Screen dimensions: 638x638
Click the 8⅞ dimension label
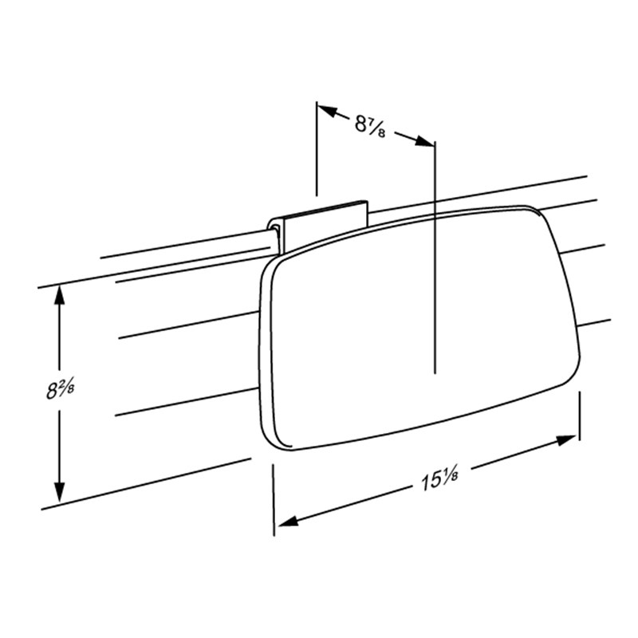(x=370, y=125)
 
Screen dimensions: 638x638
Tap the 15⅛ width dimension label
(x=439, y=479)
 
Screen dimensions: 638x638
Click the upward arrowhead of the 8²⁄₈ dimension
(x=60, y=295)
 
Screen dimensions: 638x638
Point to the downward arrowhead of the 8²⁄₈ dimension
(x=60, y=492)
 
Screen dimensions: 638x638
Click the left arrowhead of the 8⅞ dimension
(x=328, y=111)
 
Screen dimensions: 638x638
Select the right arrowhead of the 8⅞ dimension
(x=424, y=141)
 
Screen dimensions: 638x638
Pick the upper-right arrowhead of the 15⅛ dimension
(x=566, y=441)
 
